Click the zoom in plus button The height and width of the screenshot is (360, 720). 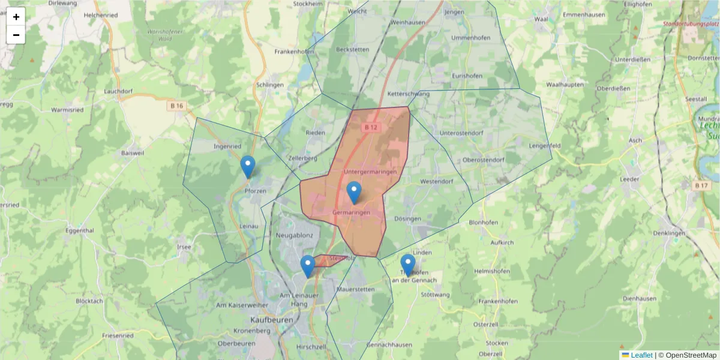click(x=16, y=17)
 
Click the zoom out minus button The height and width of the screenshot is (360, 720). click(x=16, y=35)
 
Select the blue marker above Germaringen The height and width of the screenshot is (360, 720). click(x=354, y=193)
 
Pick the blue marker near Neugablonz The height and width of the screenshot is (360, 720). click(x=307, y=266)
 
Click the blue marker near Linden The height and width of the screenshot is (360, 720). click(x=408, y=265)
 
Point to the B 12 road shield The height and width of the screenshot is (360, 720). click(x=371, y=127)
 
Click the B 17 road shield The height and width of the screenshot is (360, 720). click(x=701, y=185)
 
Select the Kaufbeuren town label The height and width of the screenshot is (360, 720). click(x=272, y=320)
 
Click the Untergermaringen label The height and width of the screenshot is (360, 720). click(x=371, y=172)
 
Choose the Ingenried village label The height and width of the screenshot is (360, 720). click(x=227, y=146)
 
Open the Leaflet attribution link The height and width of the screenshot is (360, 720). click(x=641, y=355)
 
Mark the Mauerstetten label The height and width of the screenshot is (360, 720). click(x=356, y=289)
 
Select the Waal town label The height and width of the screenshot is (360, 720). click(x=541, y=19)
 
